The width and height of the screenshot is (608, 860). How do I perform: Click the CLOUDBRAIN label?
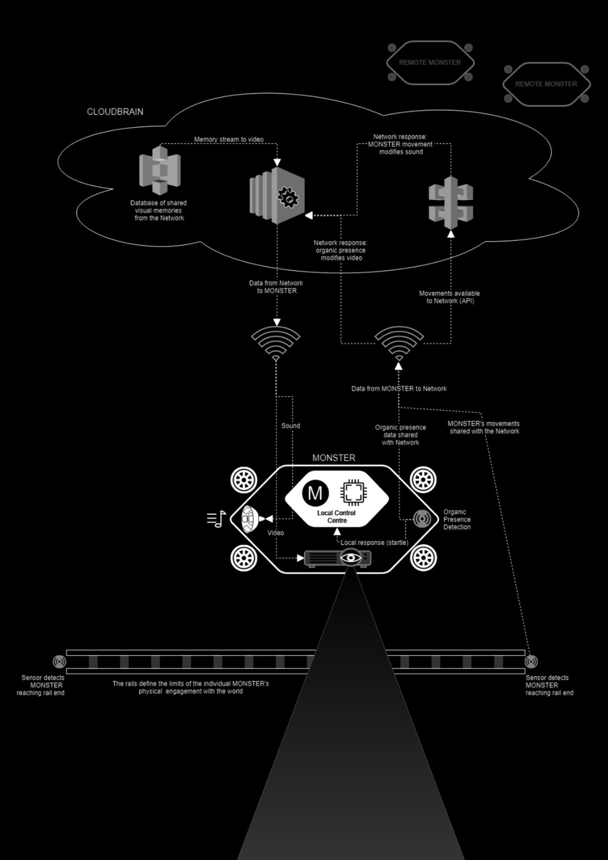pos(115,112)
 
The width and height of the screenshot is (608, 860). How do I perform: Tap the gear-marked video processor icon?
pos(278,196)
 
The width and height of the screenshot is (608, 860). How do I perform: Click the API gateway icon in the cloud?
pos(450,203)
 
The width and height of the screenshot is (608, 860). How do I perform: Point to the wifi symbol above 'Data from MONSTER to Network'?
pos(399,341)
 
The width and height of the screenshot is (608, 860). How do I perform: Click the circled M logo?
pos(315,493)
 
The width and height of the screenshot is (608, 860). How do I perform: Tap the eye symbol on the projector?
pos(351,557)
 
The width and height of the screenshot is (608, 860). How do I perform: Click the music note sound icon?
pos(216,519)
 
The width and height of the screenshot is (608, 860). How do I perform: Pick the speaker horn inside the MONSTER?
pos(250,519)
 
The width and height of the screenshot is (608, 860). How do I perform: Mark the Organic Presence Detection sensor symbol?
pos(422,519)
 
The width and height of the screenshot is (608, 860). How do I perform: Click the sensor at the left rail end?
pos(59,661)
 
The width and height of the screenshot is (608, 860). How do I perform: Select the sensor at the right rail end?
pos(531,661)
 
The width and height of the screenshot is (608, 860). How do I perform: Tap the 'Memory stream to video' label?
pos(229,139)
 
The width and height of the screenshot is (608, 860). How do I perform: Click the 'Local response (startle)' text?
pos(374,542)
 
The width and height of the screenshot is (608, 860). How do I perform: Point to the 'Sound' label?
pos(291,426)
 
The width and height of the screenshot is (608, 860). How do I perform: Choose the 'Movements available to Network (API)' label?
pos(449,297)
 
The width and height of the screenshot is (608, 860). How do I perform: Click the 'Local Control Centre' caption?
pos(336,517)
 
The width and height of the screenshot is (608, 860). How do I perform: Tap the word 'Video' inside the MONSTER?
pos(276,533)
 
